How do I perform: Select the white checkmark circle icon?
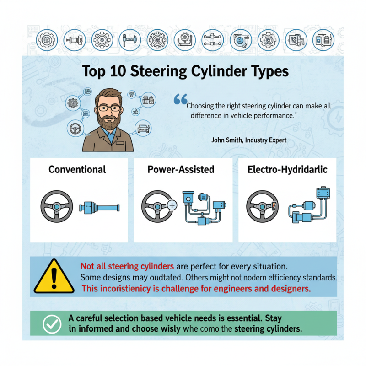coord(52,324)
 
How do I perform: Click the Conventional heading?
coord(77,169)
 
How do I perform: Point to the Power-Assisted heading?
coord(181,169)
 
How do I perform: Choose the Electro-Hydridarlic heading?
coord(287,169)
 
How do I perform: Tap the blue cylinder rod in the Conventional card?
coord(99,208)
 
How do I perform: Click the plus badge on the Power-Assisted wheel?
coord(172,206)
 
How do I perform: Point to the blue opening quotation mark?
coord(181,99)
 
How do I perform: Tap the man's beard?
coord(109,122)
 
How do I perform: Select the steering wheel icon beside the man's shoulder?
coord(75,129)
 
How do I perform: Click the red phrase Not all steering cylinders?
coord(127,266)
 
